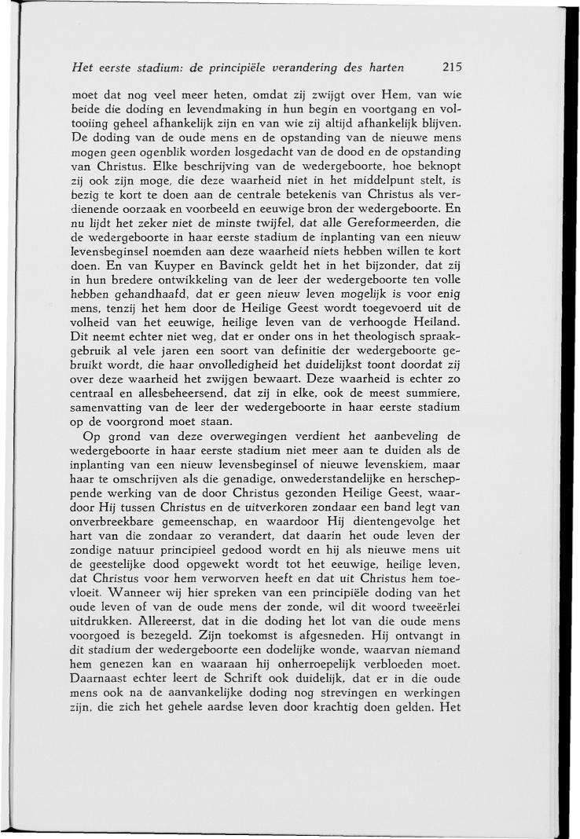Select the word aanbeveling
click(x=402, y=434)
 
